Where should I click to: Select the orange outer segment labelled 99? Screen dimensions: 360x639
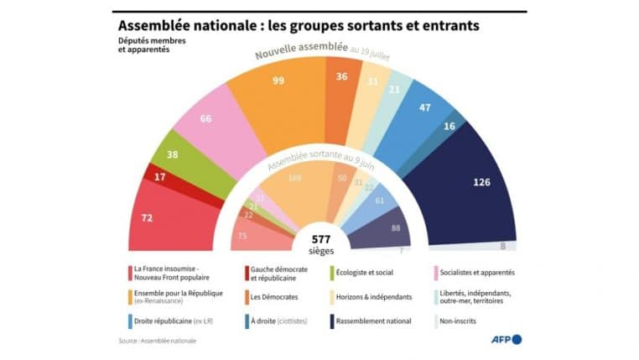279,92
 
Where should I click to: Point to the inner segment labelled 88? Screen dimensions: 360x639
394,229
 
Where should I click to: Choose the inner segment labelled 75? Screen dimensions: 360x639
244,236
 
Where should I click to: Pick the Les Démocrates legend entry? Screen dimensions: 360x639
279,296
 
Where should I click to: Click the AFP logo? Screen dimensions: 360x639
506,339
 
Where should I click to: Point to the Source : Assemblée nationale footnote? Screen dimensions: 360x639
151,341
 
